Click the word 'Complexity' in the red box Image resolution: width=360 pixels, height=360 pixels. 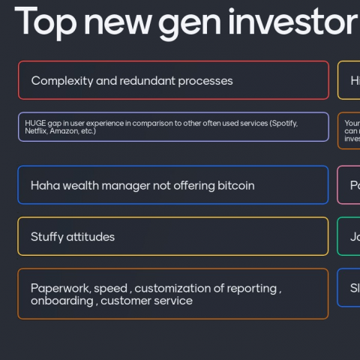(62, 81)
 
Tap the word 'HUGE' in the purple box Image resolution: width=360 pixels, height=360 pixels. (34, 123)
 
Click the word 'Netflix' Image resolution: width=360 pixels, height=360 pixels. (36, 131)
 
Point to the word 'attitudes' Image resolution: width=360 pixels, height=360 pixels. (91, 237)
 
